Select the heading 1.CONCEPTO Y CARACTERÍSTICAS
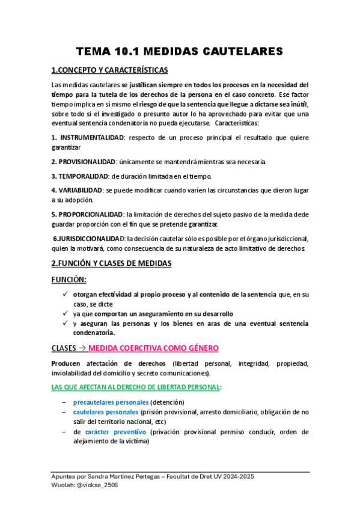tap(109, 70)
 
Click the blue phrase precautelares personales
tap(111, 402)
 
